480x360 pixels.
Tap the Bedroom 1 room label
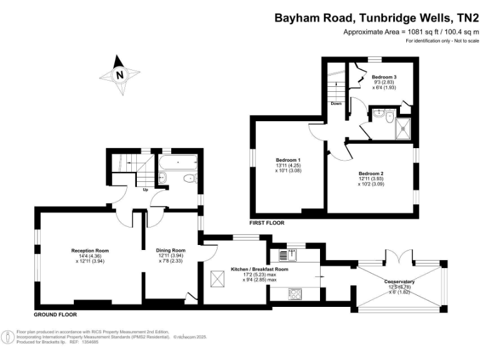coord(288,160)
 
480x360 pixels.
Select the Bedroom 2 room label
coord(371,173)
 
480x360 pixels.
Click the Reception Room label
coord(90,251)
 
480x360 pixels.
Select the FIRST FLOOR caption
coord(267,223)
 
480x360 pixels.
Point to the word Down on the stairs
coord(336,104)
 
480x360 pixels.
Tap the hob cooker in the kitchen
coord(294,294)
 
